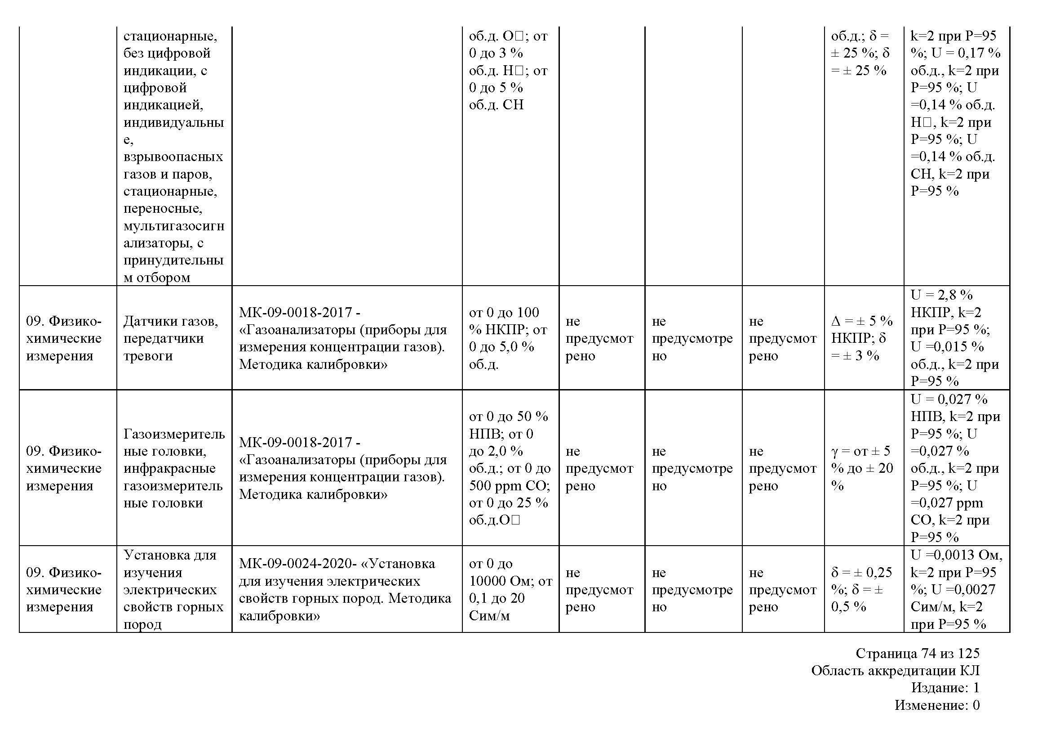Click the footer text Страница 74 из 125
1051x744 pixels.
tap(918, 653)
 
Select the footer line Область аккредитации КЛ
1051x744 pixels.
tap(895, 671)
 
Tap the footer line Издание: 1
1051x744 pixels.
tap(945, 688)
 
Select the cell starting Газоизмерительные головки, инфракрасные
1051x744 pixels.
tap(174, 468)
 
